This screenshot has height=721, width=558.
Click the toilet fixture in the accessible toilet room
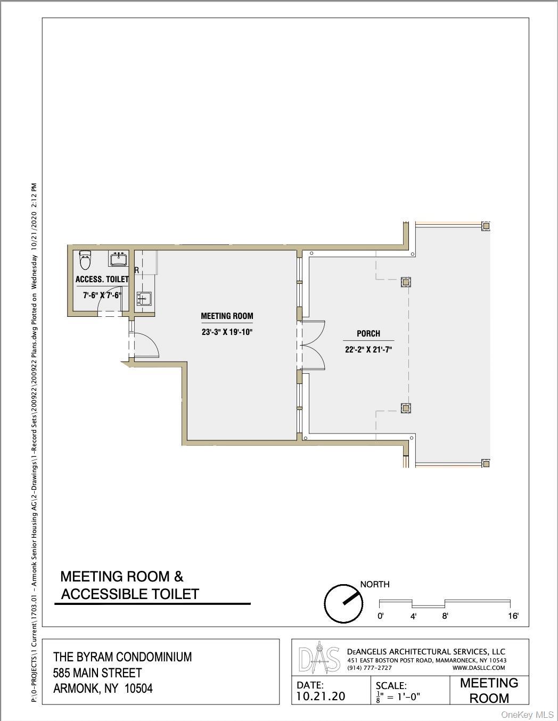pyautogui.click(x=85, y=260)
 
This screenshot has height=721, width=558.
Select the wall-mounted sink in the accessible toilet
pyautogui.click(x=118, y=259)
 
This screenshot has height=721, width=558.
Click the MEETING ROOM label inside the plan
pyautogui.click(x=227, y=316)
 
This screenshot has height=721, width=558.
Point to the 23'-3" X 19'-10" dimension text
pyautogui.click(x=226, y=332)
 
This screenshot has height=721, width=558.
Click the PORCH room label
pyautogui.click(x=368, y=334)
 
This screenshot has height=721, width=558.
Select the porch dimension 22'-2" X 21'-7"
pyautogui.click(x=368, y=350)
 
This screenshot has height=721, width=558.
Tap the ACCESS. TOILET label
pyautogui.click(x=102, y=279)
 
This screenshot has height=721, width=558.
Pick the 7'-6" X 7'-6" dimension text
pyautogui.click(x=102, y=295)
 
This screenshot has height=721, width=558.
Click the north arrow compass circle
pyautogui.click(x=343, y=603)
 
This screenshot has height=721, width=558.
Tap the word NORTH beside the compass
pyautogui.click(x=375, y=584)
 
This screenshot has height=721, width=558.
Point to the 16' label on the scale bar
pyautogui.click(x=513, y=616)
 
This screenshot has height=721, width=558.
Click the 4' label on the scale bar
pyautogui.click(x=413, y=616)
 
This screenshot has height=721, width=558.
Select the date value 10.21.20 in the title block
pyautogui.click(x=321, y=696)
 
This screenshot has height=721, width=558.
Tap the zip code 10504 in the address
pyautogui.click(x=138, y=689)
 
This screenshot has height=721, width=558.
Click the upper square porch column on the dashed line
pyautogui.click(x=406, y=282)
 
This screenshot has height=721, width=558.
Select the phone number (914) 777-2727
pyautogui.click(x=369, y=668)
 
